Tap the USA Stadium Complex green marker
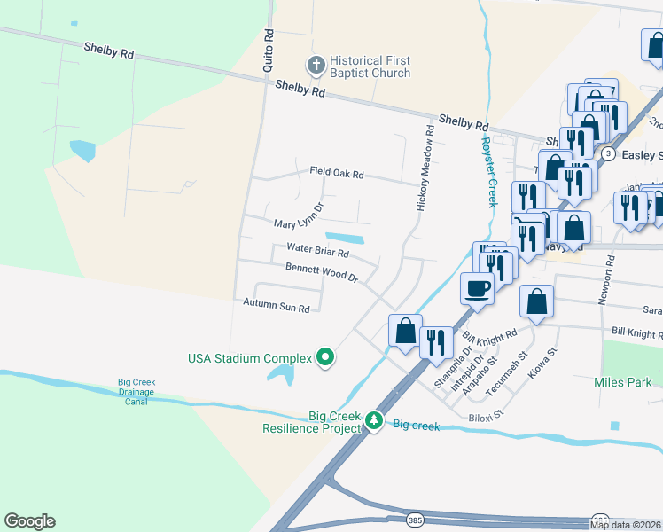point(325,358)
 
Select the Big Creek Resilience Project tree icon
point(375,420)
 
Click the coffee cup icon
point(478,288)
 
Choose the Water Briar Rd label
point(317,252)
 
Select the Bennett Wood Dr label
point(321,272)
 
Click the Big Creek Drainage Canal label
point(136,392)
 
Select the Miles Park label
point(623,382)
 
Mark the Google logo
point(29,521)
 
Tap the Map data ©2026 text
point(625,525)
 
